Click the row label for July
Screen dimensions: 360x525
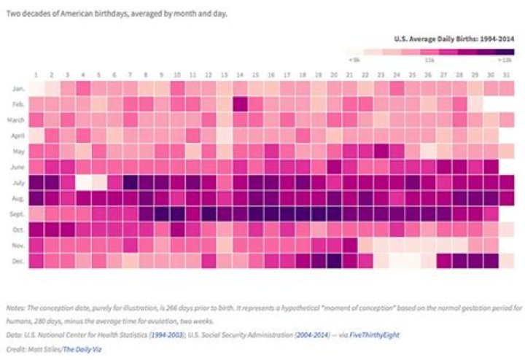click(x=19, y=182)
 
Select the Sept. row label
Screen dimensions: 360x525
click(x=19, y=214)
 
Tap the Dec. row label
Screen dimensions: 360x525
click(x=19, y=261)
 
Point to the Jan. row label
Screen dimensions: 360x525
click(x=19, y=88)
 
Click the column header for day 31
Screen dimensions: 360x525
click(x=507, y=75)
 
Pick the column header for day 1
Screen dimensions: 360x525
click(x=36, y=75)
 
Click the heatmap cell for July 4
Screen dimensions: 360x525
click(x=83, y=182)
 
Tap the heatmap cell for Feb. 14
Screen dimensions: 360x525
click(x=240, y=103)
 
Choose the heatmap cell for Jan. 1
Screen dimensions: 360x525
click(x=36, y=88)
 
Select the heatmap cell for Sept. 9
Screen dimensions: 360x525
click(x=161, y=214)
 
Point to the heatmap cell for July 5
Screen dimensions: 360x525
click(x=98, y=182)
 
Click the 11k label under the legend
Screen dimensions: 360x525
click(x=429, y=60)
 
